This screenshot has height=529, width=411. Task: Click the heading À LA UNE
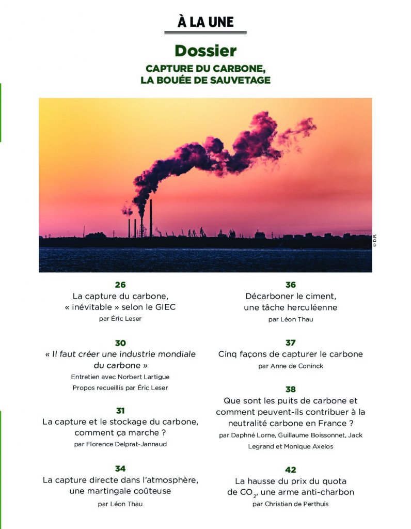pos(206,22)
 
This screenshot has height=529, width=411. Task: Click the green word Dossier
pos(206,51)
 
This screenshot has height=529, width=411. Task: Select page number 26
pos(120,285)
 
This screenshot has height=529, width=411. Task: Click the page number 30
pos(120,343)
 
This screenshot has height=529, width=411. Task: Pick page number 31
pos(120,411)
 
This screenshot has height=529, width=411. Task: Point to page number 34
pos(120,469)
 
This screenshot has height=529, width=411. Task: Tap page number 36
pos(291,285)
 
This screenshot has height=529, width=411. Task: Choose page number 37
pos(291,343)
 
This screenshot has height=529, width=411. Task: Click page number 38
pos(291,389)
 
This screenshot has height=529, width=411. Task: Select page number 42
pos(291,470)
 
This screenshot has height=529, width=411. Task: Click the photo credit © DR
pos(375,241)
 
